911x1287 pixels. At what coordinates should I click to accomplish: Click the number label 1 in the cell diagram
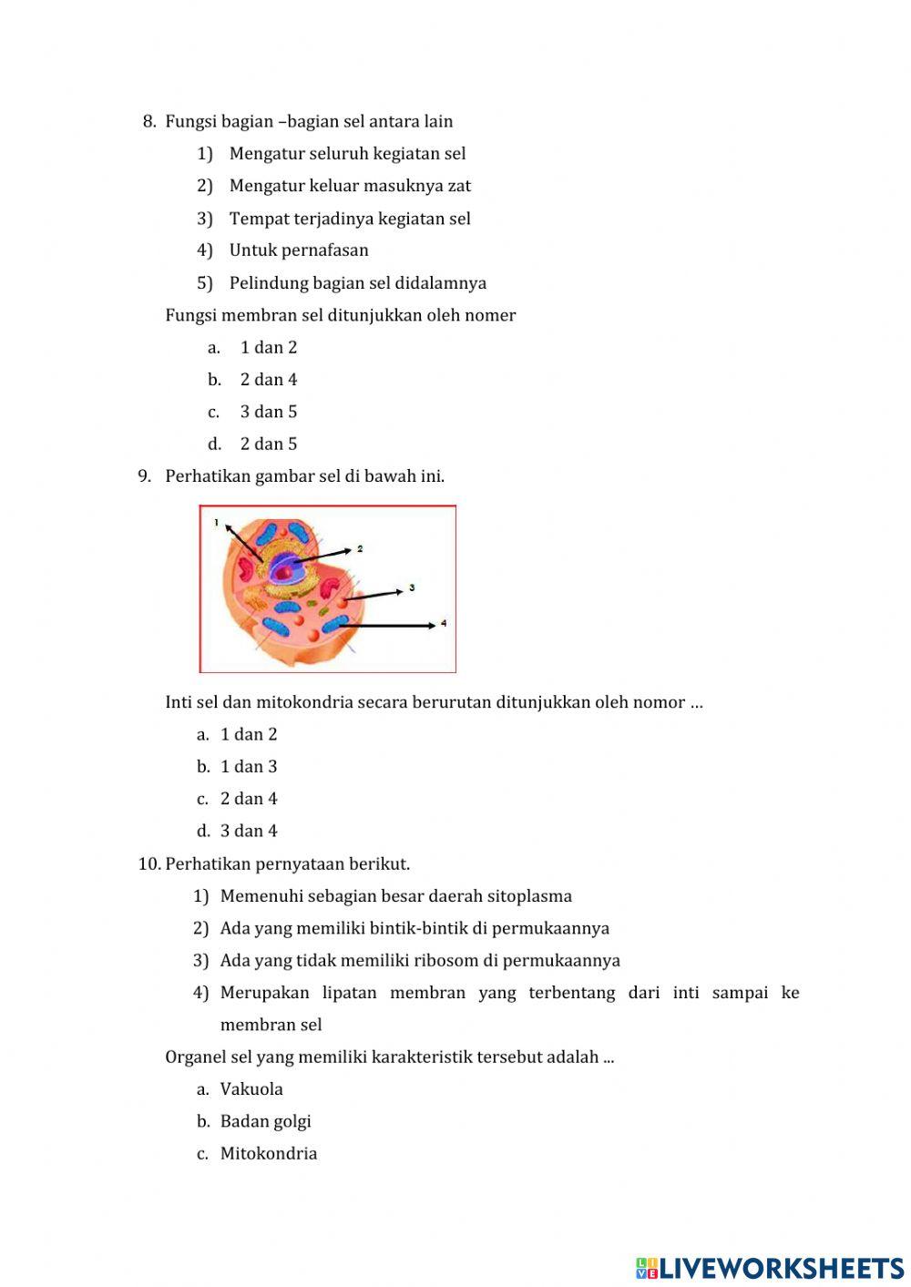point(217,523)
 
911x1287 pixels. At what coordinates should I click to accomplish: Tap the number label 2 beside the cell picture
point(360,549)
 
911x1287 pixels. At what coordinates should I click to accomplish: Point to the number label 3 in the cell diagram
point(412,588)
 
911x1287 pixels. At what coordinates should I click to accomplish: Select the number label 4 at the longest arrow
point(444,624)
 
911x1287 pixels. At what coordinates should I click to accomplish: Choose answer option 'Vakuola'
point(251,1089)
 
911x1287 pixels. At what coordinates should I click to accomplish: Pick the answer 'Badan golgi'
point(265,1121)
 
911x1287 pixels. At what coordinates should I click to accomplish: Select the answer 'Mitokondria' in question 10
point(269,1153)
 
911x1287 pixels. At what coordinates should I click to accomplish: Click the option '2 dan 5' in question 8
point(269,444)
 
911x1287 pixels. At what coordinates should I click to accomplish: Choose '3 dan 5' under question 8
point(269,412)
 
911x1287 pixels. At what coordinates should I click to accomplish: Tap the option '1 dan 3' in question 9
point(249,767)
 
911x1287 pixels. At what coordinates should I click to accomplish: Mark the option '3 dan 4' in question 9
point(249,831)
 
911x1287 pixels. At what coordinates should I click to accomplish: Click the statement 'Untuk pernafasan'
point(299,250)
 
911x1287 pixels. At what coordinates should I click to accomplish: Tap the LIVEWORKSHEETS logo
point(770,1267)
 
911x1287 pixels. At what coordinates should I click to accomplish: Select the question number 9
point(144,476)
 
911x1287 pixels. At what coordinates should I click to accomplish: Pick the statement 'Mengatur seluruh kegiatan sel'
point(347,153)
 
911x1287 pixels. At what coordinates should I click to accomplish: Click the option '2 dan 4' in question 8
point(269,380)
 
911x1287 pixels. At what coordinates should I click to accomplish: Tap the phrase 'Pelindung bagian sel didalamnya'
point(357,282)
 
